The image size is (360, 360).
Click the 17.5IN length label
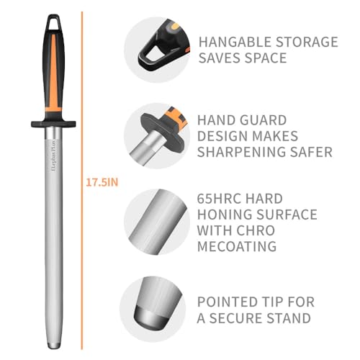[x=102, y=183]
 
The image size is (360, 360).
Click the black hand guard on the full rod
[x=53, y=124]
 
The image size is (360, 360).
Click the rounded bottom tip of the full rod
[x=54, y=346]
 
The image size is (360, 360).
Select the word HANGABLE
[x=235, y=42]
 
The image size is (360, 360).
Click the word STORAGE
[x=307, y=42]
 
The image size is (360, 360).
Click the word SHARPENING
[x=240, y=152]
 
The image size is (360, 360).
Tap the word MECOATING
[x=237, y=246]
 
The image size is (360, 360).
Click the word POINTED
[x=229, y=302]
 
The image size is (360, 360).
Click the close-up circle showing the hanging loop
[x=157, y=50]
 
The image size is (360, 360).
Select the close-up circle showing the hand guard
[x=157, y=136]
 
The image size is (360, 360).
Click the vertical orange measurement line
[x=82, y=181]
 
